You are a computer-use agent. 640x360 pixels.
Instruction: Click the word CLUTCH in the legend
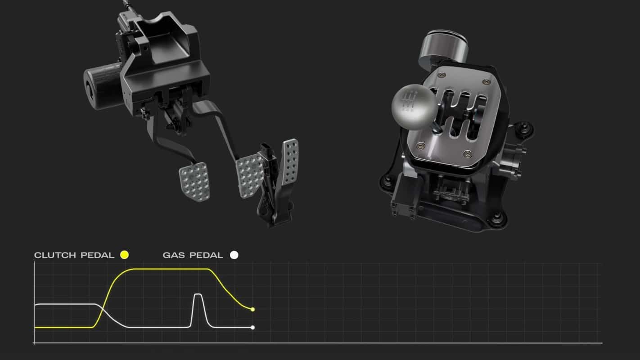55,255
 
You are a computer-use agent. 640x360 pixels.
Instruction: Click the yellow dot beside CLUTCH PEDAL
125,255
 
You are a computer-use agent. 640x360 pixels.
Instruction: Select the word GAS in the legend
173,255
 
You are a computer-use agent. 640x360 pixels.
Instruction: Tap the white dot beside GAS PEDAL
234,255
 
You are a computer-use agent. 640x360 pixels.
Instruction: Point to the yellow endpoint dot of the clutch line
252,310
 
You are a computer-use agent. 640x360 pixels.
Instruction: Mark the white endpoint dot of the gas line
252,328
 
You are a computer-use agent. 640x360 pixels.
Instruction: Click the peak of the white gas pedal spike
198,294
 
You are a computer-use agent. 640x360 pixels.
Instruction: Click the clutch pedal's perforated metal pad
194,182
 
